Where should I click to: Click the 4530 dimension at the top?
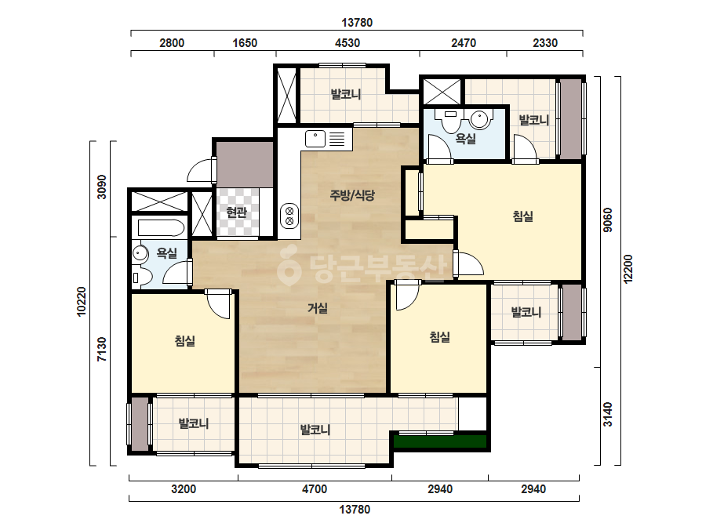[x=347, y=43]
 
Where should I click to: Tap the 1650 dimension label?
[x=245, y=43]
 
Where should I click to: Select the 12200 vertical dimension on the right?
[x=628, y=269]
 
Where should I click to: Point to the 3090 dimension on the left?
[x=102, y=187]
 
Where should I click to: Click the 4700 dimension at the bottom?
[x=315, y=489]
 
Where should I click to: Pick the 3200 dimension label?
[x=184, y=489]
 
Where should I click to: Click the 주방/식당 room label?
[x=352, y=195]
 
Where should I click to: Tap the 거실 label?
[x=318, y=308]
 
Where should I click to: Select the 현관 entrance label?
[x=236, y=212]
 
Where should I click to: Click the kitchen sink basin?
[x=315, y=139]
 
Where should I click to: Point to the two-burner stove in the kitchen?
[x=289, y=216]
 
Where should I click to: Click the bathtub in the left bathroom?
[x=161, y=227]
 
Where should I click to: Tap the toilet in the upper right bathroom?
[x=451, y=121]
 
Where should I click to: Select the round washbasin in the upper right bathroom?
[x=480, y=120]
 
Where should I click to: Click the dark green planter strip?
[x=440, y=441]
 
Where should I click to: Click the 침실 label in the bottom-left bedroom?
[x=184, y=341]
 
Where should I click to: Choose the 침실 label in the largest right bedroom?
[x=523, y=216]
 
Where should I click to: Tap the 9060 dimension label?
[x=608, y=220]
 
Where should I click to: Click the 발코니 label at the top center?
[x=346, y=95]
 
